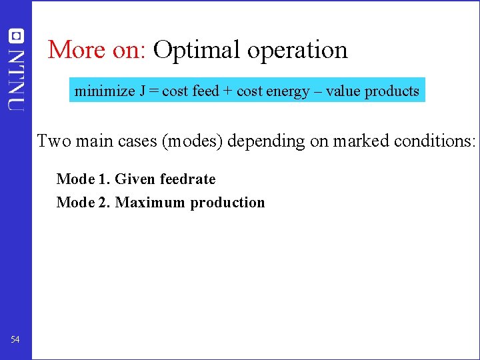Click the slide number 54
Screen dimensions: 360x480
coord(15,340)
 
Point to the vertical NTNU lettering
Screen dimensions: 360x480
coord(16,78)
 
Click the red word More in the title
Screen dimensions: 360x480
coord(76,50)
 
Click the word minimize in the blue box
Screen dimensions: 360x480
coord(104,91)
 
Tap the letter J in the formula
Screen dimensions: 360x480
coord(143,91)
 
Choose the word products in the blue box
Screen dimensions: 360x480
coord(392,92)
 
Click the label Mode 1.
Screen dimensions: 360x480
coord(83,179)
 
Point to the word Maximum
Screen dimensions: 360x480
coord(151,203)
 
